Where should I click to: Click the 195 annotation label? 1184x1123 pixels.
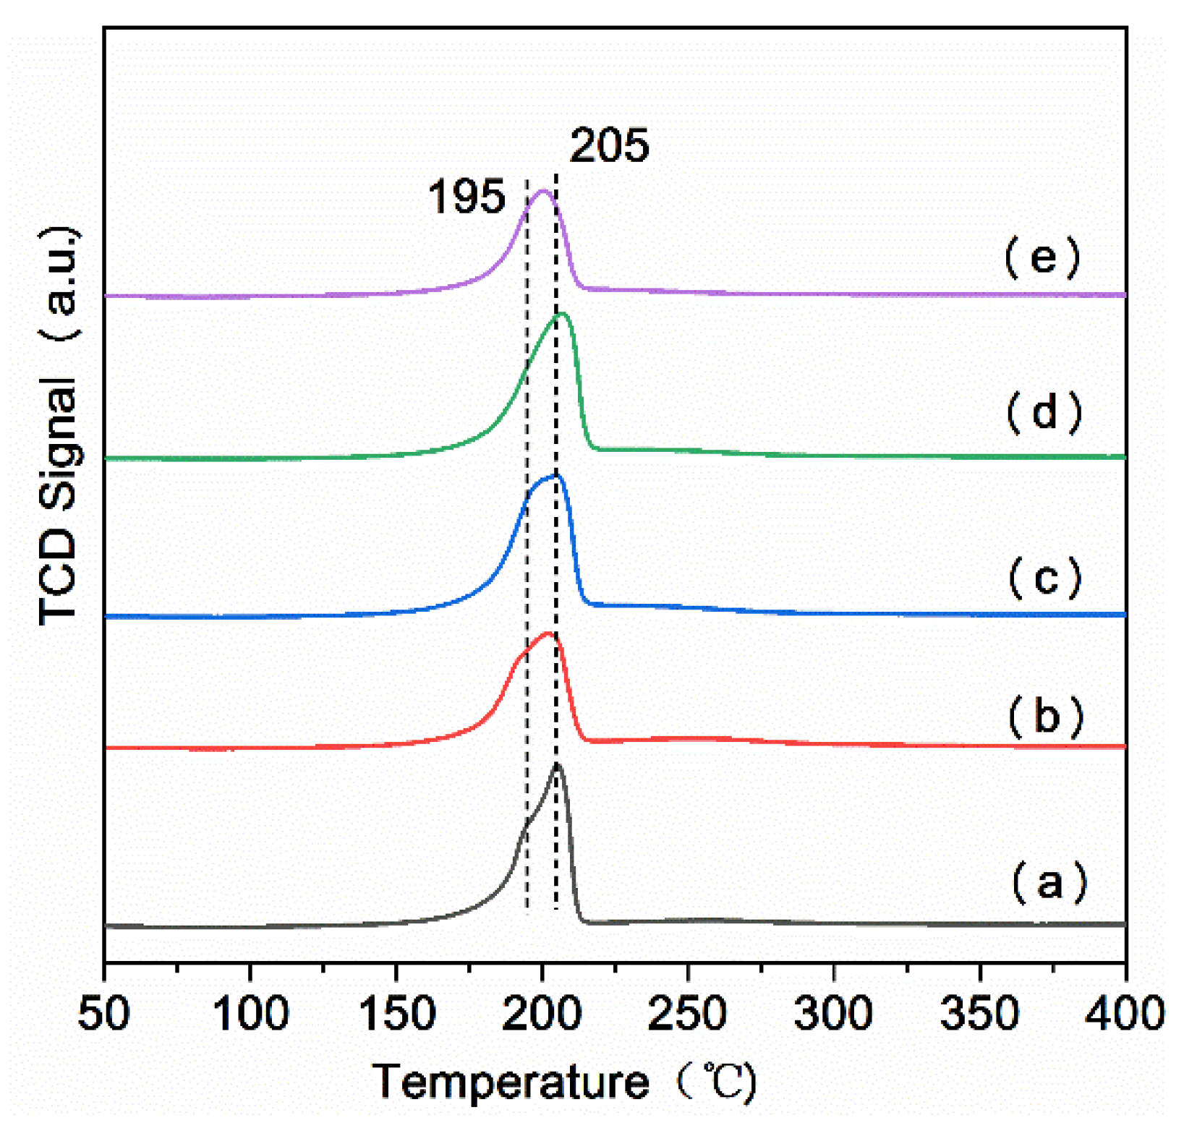click(x=467, y=197)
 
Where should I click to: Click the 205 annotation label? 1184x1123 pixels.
click(x=609, y=145)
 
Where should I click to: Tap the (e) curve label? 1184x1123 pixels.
click(x=1042, y=258)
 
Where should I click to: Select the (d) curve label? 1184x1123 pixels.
click(x=1044, y=413)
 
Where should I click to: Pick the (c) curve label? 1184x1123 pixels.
click(x=1044, y=578)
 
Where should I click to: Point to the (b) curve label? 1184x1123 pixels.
click(x=1045, y=717)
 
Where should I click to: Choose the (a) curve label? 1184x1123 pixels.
click(x=1048, y=883)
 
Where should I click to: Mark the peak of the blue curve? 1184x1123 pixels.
click(x=555, y=476)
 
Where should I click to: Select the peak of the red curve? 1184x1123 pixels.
click(x=548, y=634)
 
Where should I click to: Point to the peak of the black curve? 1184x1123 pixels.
click(x=556, y=764)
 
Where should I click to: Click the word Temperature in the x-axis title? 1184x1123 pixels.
click(x=511, y=1082)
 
